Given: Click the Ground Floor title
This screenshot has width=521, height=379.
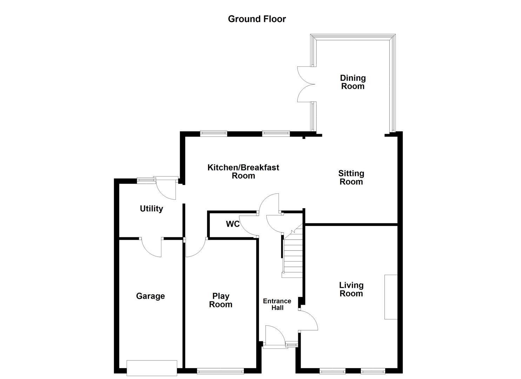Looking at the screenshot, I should (x=257, y=19).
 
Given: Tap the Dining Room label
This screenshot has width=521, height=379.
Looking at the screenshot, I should (x=353, y=82).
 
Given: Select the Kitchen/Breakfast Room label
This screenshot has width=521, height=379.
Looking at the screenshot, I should (x=243, y=172).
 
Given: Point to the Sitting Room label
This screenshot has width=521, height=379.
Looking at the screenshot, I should (x=351, y=178).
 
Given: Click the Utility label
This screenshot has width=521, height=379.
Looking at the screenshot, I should (x=151, y=209).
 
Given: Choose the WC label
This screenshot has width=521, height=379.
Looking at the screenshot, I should (x=233, y=224).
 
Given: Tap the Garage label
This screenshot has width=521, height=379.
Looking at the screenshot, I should (x=150, y=296).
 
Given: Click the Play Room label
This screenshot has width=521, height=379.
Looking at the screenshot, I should (x=221, y=300).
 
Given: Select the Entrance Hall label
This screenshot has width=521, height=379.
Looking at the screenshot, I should (x=277, y=304).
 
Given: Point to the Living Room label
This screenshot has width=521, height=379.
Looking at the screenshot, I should (x=351, y=290).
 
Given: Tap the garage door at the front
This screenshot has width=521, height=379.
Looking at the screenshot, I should (x=152, y=368).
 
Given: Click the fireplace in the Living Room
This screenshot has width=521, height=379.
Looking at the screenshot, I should (x=391, y=297).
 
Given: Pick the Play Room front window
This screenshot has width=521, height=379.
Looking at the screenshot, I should (x=220, y=370).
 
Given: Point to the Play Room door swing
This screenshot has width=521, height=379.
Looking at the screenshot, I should (x=195, y=247).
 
